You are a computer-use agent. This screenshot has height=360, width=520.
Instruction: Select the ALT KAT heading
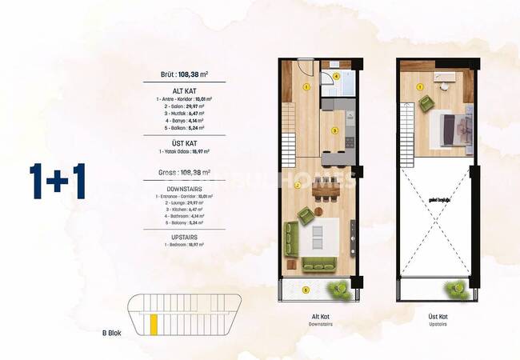pyautogui.click(x=184, y=91)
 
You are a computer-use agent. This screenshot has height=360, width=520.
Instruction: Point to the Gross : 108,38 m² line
pyautogui.click(x=184, y=171)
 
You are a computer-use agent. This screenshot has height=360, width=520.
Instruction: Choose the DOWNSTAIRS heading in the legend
pyautogui.click(x=184, y=189)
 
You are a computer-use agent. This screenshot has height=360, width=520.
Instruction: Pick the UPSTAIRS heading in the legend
pyautogui.click(x=184, y=235)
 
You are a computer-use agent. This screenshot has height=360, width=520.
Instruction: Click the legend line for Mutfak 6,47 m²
pyautogui.click(x=184, y=113)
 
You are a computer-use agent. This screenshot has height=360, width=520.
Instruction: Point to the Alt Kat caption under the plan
pyautogui.click(x=320, y=317)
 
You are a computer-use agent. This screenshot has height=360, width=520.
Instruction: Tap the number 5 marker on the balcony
pyautogui.click(x=306, y=289)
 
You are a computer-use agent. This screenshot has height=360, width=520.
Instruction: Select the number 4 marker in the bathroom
pyautogui.click(x=337, y=77)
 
